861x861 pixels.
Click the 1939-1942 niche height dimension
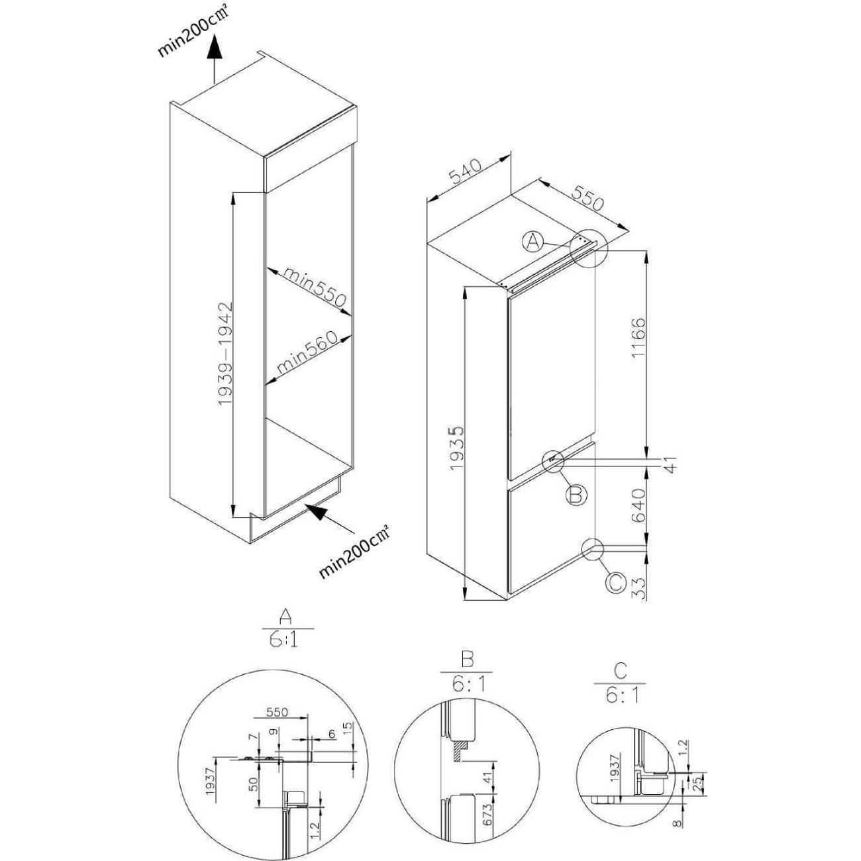tap(226, 354)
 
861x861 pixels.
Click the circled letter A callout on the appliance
tap(532, 242)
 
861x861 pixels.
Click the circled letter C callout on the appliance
tap(615, 583)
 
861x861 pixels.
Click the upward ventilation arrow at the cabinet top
tap(215, 61)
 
